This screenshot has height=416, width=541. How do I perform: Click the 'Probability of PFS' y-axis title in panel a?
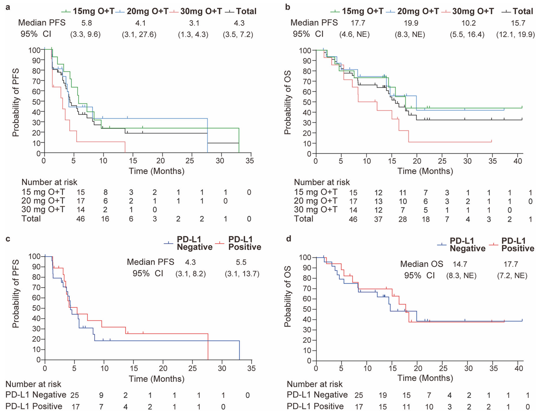16,102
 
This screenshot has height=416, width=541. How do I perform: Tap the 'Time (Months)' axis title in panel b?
425,171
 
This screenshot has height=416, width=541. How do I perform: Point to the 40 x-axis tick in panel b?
518,161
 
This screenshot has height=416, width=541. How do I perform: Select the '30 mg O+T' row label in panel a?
43,210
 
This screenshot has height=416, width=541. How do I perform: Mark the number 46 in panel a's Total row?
81,219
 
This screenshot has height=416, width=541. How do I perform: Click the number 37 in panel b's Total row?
378,219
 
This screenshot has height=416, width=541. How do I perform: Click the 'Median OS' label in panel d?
422,264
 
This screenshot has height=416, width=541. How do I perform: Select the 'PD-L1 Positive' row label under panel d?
315,406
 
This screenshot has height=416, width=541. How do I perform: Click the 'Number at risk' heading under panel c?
33,384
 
